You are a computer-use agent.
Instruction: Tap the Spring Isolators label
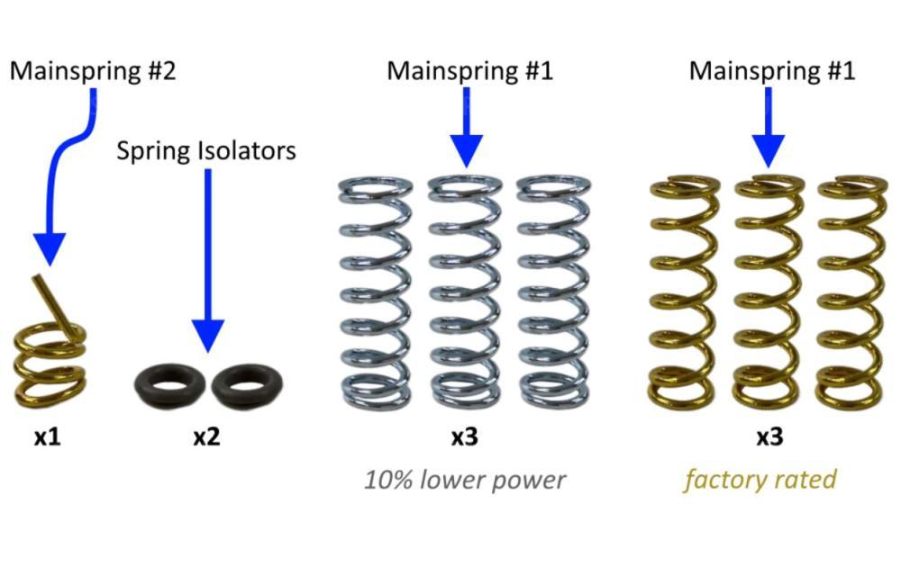[206, 150]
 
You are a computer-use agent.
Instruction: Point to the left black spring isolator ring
[168, 385]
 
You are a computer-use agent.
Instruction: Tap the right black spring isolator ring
[246, 385]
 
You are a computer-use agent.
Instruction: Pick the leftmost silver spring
[377, 292]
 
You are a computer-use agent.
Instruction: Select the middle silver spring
[465, 292]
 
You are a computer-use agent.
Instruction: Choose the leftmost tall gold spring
[683, 292]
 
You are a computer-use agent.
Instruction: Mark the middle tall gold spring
[768, 292]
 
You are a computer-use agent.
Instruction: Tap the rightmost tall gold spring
[850, 292]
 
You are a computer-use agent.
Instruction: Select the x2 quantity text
[206, 437]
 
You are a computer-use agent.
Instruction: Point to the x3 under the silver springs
[464, 437]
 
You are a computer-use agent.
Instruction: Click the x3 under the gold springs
[769, 437]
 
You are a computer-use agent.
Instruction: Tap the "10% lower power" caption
[465, 480]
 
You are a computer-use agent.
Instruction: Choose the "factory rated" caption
[760, 480]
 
